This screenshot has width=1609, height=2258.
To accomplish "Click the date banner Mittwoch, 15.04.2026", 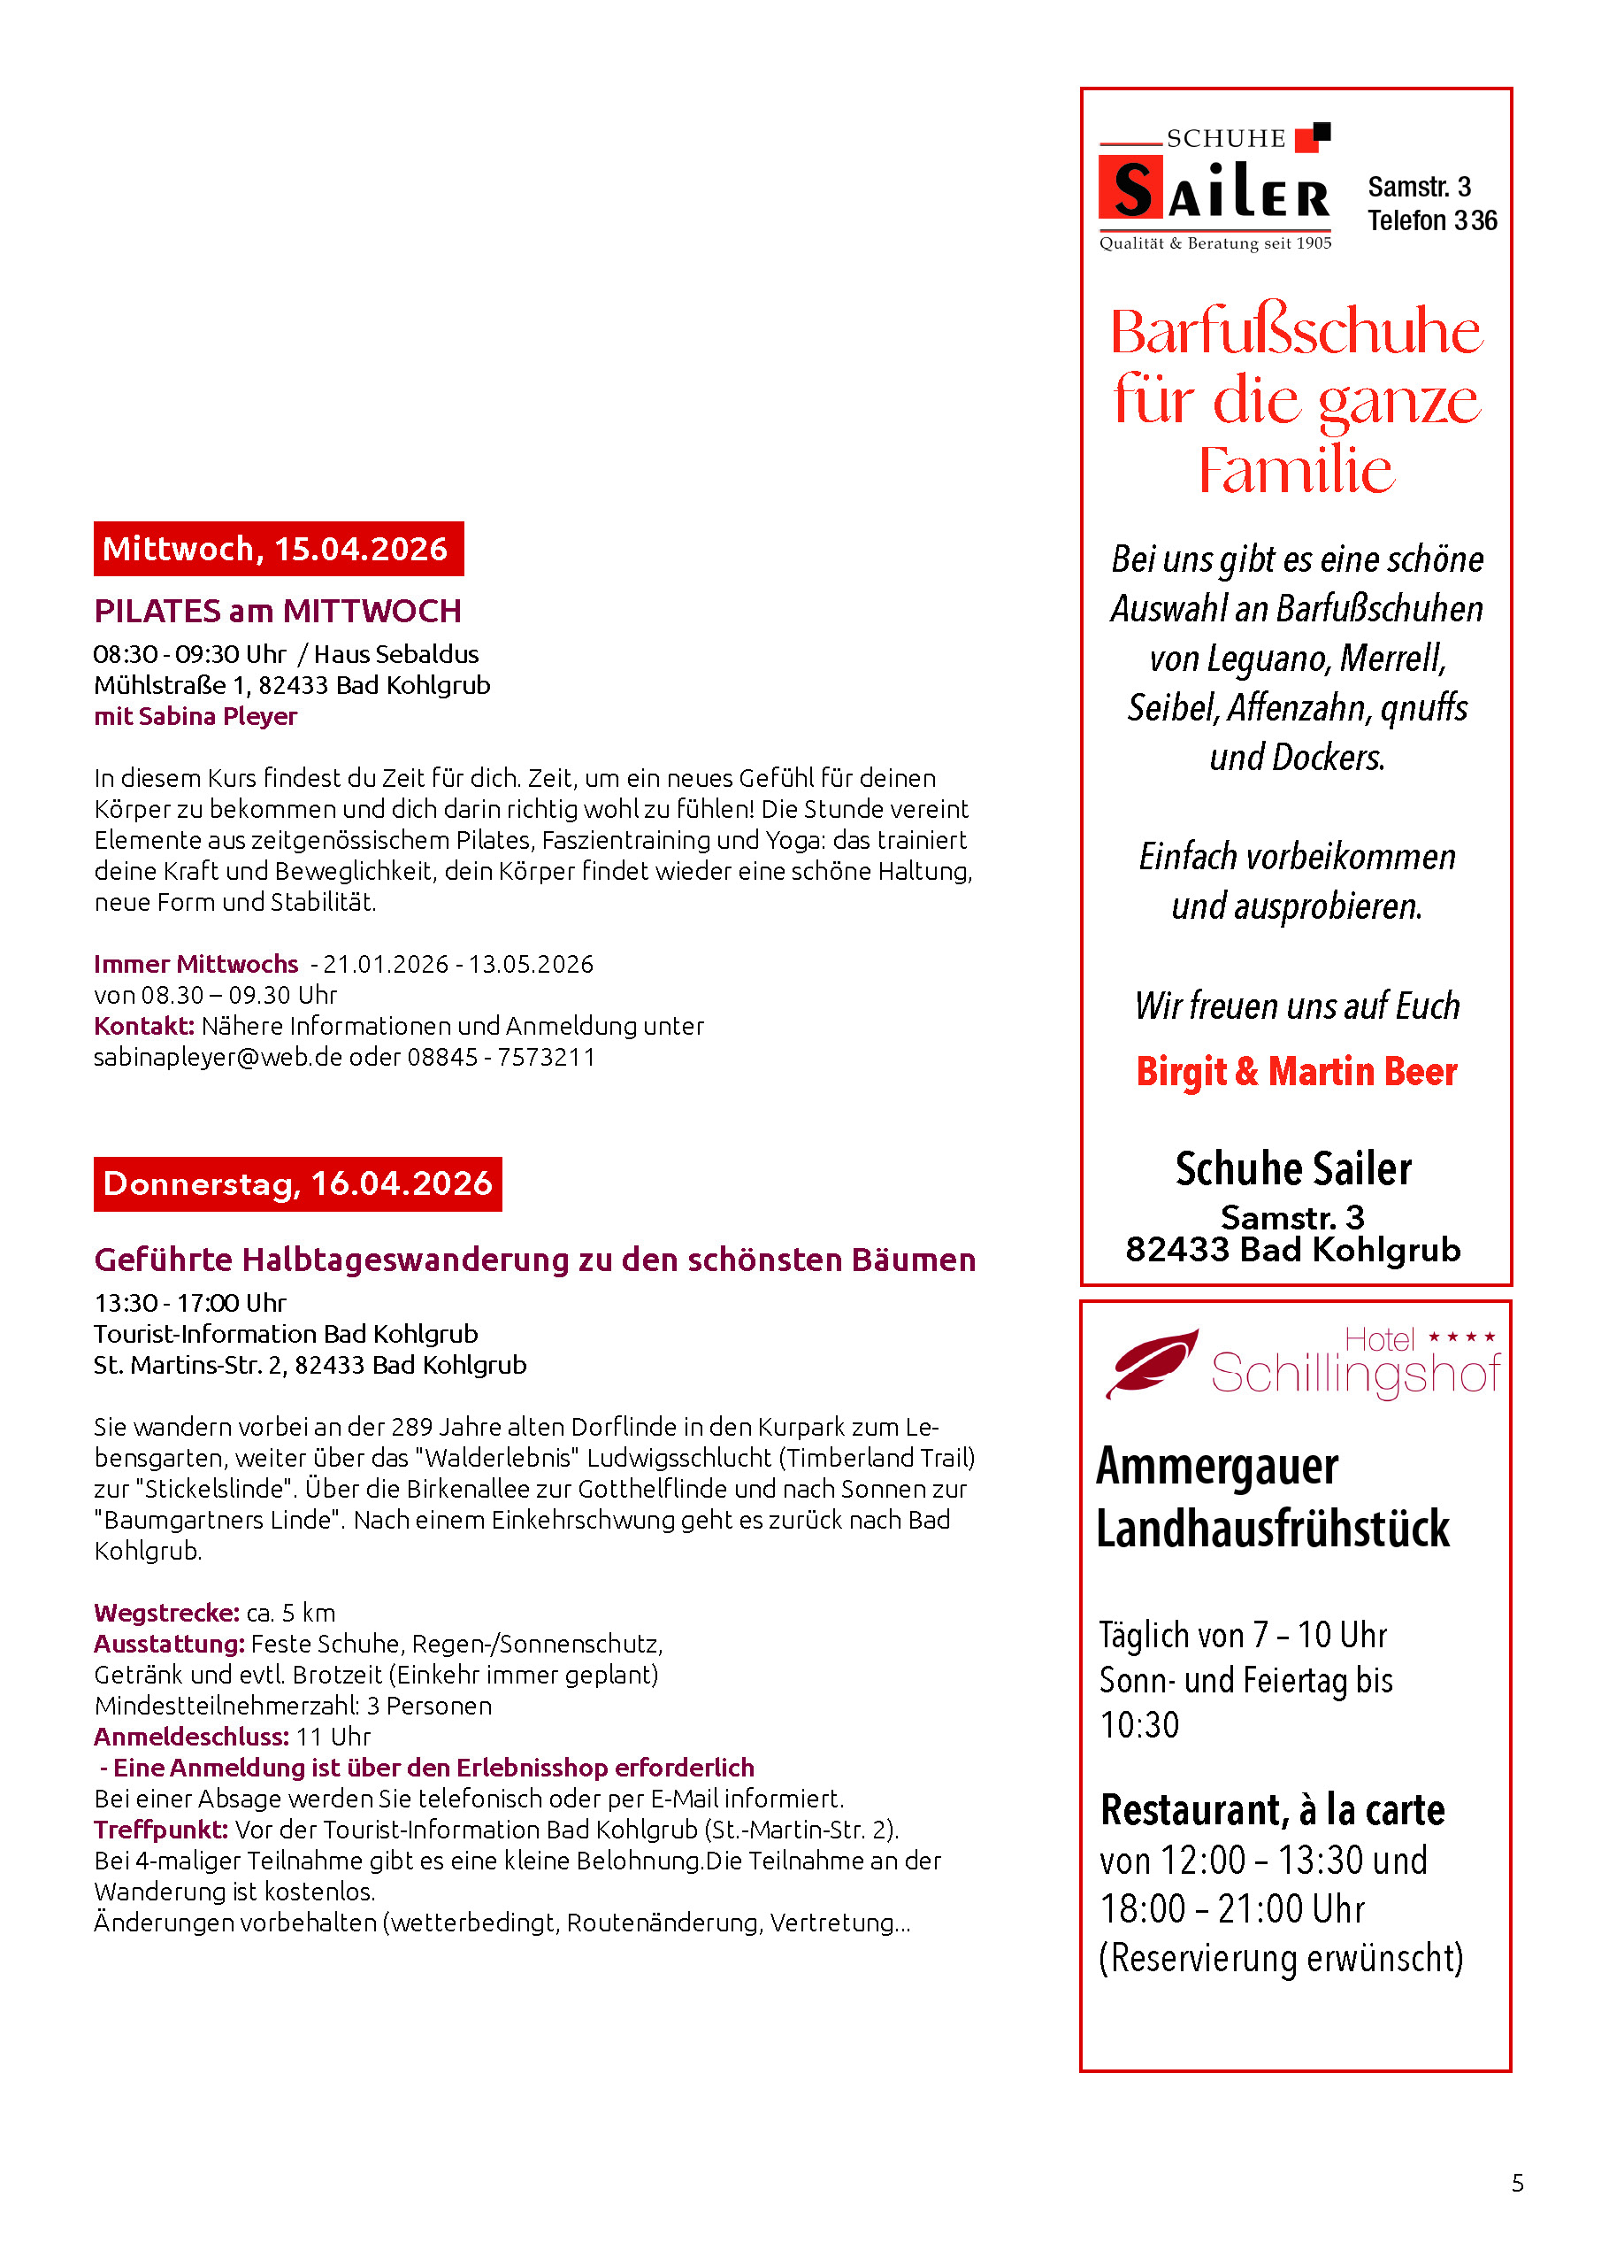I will pyautogui.click(x=279, y=548).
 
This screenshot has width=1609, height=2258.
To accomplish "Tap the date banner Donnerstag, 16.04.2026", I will pyautogui.click(x=297, y=1183).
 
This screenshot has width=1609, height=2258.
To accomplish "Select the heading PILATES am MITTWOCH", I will pyautogui.click(x=278, y=611).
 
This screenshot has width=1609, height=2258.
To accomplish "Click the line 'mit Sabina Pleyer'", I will pyautogui.click(x=195, y=716).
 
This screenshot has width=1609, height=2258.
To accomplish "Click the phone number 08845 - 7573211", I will pyautogui.click(x=502, y=1057).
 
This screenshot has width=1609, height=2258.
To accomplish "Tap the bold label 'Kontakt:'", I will pyautogui.click(x=143, y=1026).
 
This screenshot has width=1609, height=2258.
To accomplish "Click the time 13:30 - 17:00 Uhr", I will pyautogui.click(x=190, y=1302).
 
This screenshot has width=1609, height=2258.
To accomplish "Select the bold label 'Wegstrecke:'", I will pyautogui.click(x=166, y=1613).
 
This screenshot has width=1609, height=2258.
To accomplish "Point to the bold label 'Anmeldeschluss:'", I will pyautogui.click(x=191, y=1737).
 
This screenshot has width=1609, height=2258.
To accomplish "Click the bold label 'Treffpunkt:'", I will pyautogui.click(x=160, y=1829).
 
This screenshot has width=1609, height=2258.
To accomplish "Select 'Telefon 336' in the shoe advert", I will pyautogui.click(x=1432, y=220).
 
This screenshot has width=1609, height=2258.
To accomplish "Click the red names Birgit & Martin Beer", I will pyautogui.click(x=1296, y=1072).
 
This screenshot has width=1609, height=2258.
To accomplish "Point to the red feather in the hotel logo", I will pyautogui.click(x=1152, y=1362).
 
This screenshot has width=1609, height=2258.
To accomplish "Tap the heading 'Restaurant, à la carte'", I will pyautogui.click(x=1272, y=1810).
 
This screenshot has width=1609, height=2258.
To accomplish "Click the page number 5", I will pyautogui.click(x=1517, y=2183).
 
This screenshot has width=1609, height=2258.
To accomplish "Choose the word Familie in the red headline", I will pyautogui.click(x=1296, y=470).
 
